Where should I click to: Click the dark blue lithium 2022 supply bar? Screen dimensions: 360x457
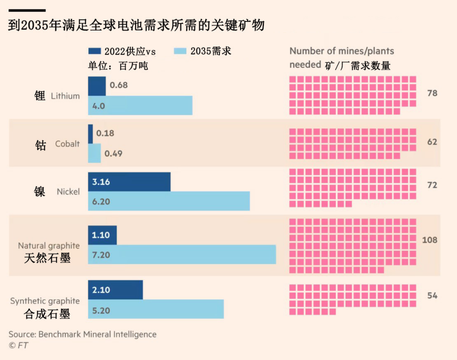coord(96,85)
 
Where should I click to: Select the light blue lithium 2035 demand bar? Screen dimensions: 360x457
coord(140,105)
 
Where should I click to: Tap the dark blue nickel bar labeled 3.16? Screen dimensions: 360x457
coord(129,182)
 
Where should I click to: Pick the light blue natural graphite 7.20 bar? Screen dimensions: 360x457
coord(182,254)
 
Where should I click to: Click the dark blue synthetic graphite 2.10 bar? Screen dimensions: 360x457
coord(115,290)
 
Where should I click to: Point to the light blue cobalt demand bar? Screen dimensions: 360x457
coord(94,153)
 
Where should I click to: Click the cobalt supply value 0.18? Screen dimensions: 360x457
coord(105,133)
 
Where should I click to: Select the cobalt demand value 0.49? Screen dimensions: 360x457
coord(113,153)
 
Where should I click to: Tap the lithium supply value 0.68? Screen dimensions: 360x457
coord(118,85)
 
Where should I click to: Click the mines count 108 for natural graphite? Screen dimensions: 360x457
coord(429,240)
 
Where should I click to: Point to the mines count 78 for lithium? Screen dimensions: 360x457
coord(432,93)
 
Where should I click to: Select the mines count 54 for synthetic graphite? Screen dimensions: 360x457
coord(432,295)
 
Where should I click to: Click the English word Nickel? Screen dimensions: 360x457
coord(68,191)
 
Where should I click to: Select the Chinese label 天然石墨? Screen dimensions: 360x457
coord(47,258)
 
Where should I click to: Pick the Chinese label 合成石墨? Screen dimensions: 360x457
coord(47,313)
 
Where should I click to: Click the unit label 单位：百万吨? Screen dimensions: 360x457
coord(118,66)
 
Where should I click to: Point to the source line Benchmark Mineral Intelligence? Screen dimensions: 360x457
coord(82,334)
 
